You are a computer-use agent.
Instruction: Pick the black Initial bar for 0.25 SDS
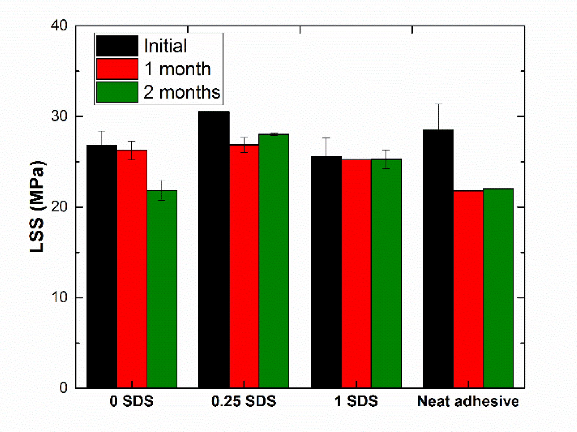tap(214, 249)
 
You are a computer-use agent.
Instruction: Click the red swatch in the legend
tap(117, 69)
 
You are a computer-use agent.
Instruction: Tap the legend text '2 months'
tap(182, 92)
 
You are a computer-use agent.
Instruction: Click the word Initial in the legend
tap(165, 46)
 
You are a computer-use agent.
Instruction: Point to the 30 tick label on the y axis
tap(60, 116)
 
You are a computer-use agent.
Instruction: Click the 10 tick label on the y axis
tap(60, 297)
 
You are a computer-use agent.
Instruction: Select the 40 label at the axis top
tap(60, 26)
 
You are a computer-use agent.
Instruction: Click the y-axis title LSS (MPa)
tap(37, 206)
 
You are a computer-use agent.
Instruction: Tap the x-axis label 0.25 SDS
tap(244, 401)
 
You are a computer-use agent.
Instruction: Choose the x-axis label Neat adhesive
tap(468, 401)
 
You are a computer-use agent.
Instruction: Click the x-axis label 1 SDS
tap(356, 401)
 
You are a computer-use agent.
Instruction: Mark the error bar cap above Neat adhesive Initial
tap(438, 104)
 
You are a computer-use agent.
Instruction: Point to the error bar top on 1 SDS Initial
tap(326, 138)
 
